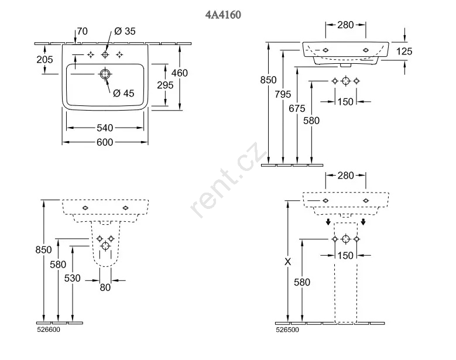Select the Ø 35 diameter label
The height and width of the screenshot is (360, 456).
pyautogui.click(x=125, y=32)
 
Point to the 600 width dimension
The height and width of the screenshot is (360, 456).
pyautogui.click(x=105, y=142)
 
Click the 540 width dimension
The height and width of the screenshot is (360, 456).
pyautogui.click(x=105, y=128)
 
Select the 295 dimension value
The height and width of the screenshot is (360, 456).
pyautogui.click(x=165, y=85)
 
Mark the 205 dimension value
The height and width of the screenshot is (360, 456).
pyautogui.click(x=44, y=60)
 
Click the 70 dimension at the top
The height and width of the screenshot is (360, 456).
pyautogui.click(x=82, y=32)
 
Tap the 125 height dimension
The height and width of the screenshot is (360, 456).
pyautogui.click(x=404, y=52)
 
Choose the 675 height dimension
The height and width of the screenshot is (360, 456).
pyautogui.click(x=297, y=108)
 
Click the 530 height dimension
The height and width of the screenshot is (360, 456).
pyautogui.click(x=72, y=278)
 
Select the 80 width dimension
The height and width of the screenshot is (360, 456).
pyautogui.click(x=105, y=287)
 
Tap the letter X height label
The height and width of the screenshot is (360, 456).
pyautogui.click(x=287, y=262)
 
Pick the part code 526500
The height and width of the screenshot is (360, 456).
pyautogui.click(x=287, y=330)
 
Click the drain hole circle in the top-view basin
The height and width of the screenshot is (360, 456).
pyautogui.click(x=105, y=74)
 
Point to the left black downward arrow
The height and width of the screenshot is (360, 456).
pyautogui.click(x=329, y=222)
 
